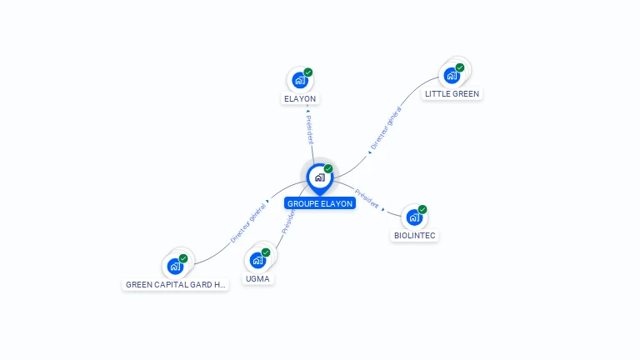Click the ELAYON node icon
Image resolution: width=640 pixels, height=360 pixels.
[299, 81]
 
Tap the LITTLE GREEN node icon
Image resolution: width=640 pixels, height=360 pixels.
[452, 76]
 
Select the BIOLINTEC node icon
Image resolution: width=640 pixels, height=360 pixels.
[414, 218]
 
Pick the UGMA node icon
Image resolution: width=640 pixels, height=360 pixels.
[257, 261]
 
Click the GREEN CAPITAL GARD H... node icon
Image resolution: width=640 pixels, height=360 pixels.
[175, 266]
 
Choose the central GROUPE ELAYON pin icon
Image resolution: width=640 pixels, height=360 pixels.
[319, 177]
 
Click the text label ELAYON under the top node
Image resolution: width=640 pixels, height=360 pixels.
[300, 98]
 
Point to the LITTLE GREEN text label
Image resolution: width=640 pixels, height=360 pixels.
[452, 94]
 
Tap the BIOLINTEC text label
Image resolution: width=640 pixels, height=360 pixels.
[414, 236]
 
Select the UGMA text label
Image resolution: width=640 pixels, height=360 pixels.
[257, 278]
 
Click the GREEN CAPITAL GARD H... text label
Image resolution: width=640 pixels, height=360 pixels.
[175, 284]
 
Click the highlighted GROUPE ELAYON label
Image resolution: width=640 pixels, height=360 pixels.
[319, 203]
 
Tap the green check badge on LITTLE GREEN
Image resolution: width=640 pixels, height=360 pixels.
[460, 67]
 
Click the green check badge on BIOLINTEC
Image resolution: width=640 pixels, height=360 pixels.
[422, 209]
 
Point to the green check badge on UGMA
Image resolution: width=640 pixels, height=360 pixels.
[266, 252]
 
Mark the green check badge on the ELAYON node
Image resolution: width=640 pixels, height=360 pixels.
[308, 72]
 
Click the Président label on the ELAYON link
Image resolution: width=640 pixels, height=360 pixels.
[309, 126]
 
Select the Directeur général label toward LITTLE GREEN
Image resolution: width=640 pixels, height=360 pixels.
[385, 128]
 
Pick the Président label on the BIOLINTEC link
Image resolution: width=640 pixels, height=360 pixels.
[367, 197]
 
